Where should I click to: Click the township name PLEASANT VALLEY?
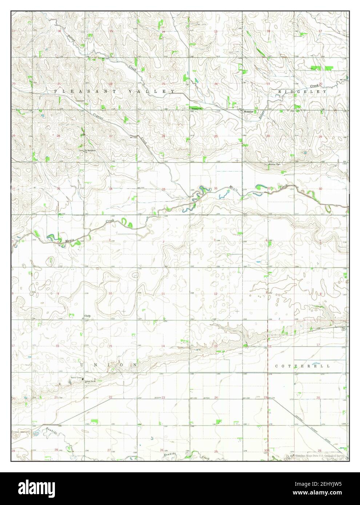115,92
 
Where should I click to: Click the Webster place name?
248,112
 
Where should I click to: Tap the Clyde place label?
88,316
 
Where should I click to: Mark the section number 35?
164,189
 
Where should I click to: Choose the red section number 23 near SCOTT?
163,398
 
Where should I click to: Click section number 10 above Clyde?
110,293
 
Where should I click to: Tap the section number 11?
163,293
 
